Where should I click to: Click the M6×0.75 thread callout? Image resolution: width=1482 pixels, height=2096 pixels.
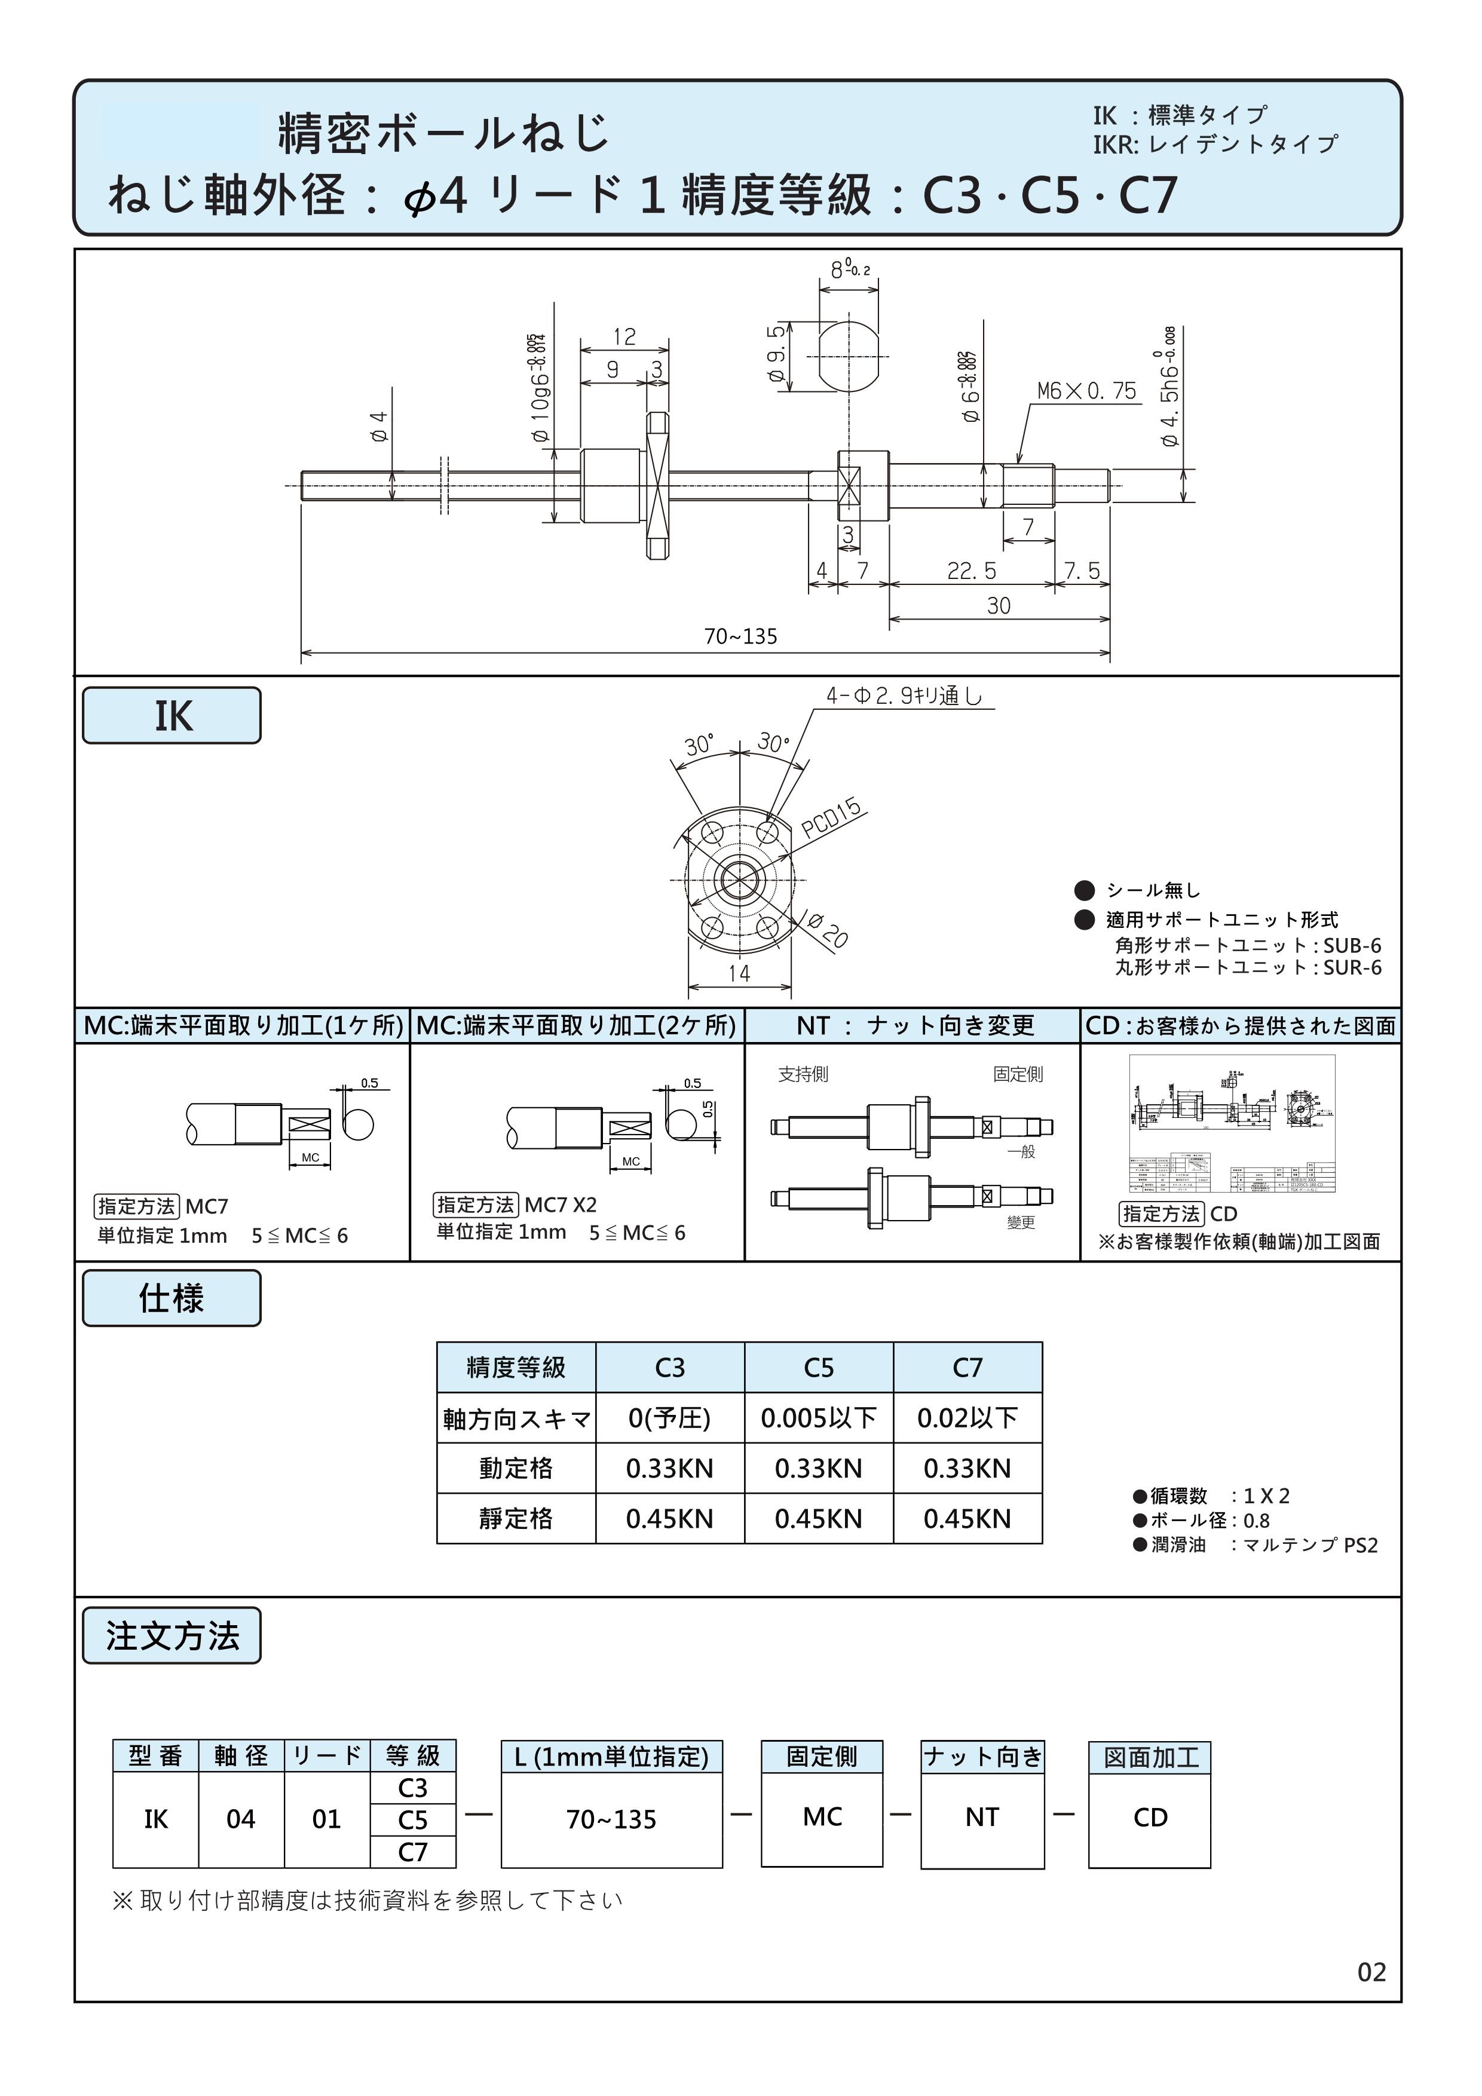click(x=1086, y=391)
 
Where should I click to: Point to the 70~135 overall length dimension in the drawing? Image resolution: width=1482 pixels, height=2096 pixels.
click(x=740, y=636)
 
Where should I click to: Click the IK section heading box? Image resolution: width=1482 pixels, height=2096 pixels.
click(x=172, y=716)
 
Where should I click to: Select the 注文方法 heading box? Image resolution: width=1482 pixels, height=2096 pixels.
click(x=172, y=1636)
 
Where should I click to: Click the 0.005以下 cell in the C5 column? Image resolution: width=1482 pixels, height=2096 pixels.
click(x=818, y=1418)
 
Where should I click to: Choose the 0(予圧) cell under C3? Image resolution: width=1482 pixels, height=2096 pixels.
click(x=669, y=1418)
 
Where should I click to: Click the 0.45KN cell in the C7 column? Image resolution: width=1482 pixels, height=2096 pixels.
click(x=967, y=1519)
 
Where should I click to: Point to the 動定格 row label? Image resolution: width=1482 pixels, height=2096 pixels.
click(x=516, y=1468)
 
